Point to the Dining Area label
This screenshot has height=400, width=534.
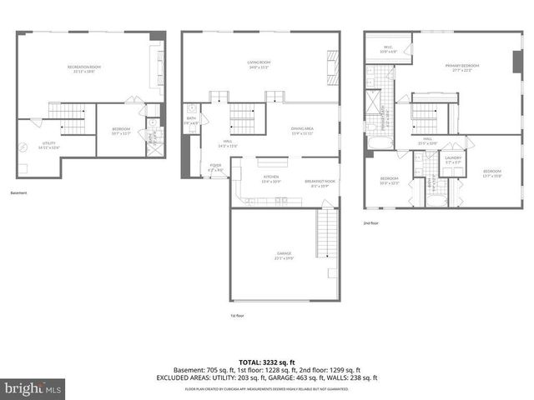click(x=301, y=130)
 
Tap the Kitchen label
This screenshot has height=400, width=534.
click(x=272, y=179)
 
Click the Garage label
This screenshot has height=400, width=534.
click(x=285, y=255)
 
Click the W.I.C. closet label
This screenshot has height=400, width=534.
click(x=388, y=48)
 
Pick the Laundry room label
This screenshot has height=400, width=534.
click(x=453, y=160)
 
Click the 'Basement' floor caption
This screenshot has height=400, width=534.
click(x=18, y=193)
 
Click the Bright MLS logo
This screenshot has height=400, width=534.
click(x=33, y=388)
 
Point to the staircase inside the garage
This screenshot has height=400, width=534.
click(x=326, y=232)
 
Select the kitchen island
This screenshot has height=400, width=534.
click(x=271, y=162)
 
